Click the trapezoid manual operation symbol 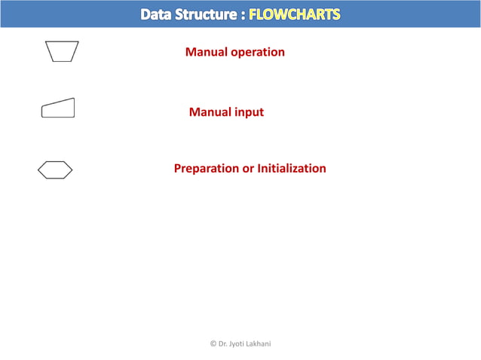[62, 51]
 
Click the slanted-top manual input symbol [58, 109]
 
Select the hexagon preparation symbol [55, 170]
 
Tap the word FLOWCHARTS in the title [295, 14]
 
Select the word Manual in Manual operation [206, 53]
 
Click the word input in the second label [249, 112]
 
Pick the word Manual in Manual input [210, 112]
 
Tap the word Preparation [206, 169]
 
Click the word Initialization [292, 169]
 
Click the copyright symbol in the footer [212, 343]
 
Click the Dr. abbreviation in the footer [222, 343]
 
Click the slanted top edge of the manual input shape [59, 102]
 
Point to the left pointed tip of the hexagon [39, 170]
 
